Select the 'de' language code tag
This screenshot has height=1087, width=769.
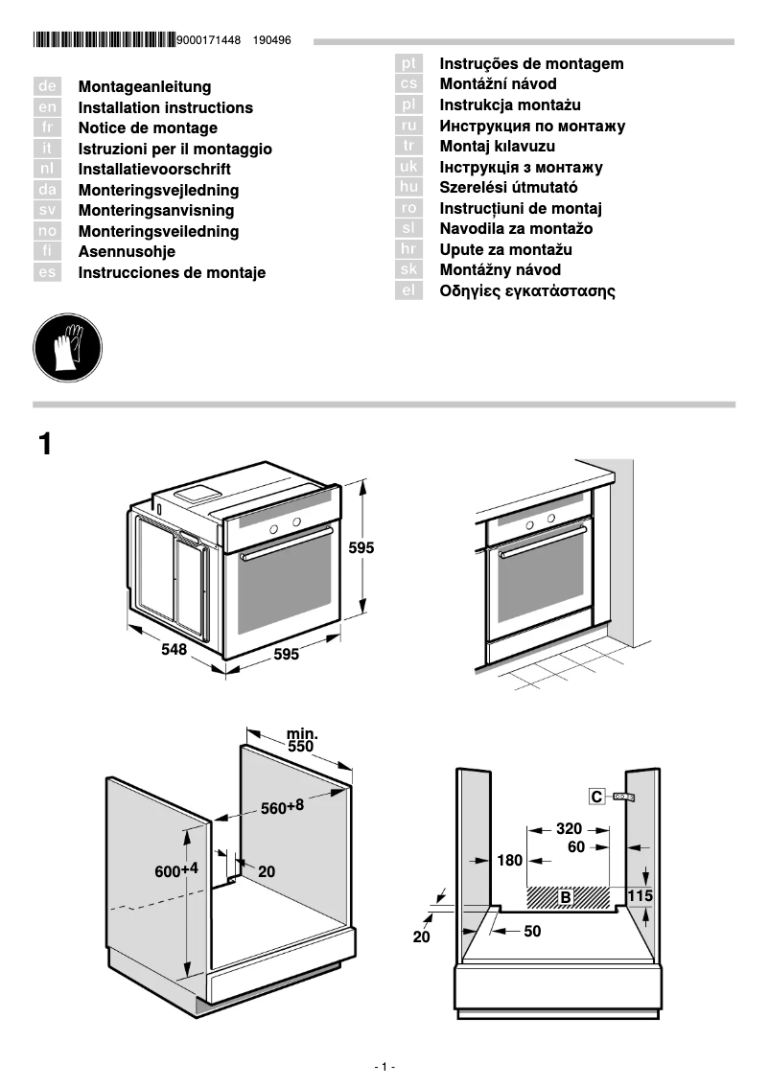47,87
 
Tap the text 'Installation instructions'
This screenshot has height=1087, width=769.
165,108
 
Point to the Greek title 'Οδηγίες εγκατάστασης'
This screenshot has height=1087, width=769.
527,290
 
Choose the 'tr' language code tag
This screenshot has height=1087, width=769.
409,146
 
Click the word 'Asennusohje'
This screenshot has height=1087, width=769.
127,252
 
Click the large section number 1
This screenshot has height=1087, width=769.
45,445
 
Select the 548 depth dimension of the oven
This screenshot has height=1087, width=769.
174,649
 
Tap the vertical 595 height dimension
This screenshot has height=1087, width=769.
361,548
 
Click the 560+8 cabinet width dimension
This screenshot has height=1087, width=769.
282,807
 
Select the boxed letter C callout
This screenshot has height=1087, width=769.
596,797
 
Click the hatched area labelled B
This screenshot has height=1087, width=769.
568,897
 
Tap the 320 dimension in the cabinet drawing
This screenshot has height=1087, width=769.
569,828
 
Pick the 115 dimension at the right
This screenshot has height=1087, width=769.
640,894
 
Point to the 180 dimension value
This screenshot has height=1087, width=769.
510,860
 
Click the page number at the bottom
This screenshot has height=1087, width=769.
384,1067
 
